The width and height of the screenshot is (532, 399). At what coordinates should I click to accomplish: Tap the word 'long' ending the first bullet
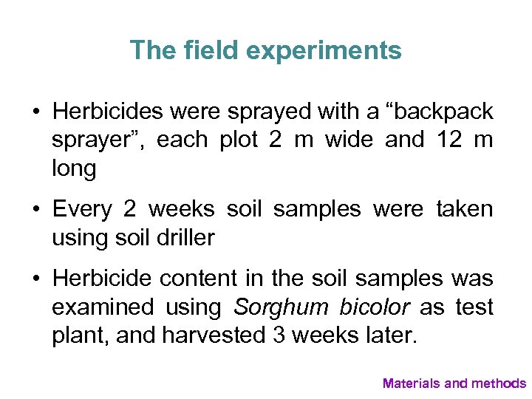(74, 168)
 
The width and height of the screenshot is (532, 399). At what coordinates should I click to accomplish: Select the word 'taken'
(465, 209)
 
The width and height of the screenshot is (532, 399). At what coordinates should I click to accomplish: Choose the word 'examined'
(102, 307)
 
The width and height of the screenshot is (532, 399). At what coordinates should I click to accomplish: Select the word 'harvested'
(203, 336)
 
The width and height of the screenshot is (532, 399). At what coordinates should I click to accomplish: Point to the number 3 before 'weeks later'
(280, 336)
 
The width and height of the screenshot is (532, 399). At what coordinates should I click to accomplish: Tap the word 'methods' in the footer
(499, 383)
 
